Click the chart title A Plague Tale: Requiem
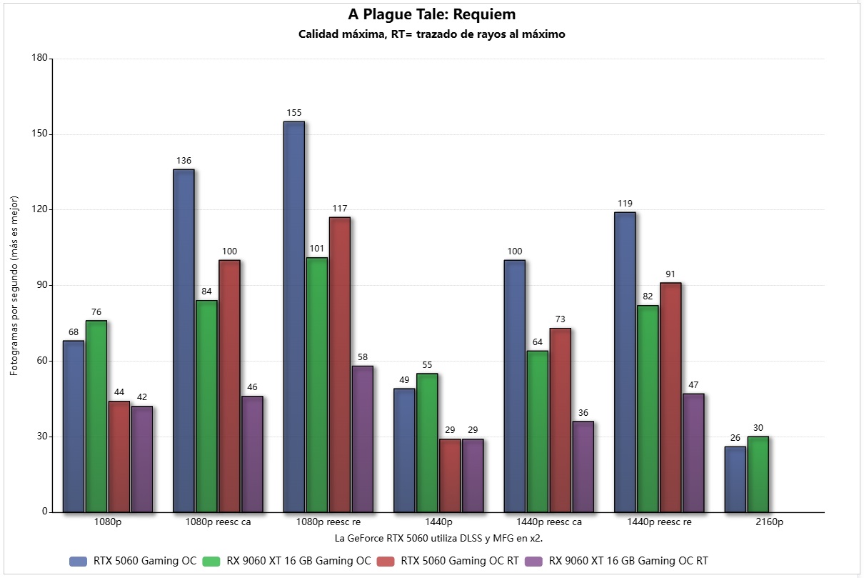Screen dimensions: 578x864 click(431, 14)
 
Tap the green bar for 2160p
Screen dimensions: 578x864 click(758, 474)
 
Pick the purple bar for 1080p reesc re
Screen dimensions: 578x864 click(362, 439)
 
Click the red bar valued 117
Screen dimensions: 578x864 click(339, 364)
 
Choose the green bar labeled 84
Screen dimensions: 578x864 click(206, 406)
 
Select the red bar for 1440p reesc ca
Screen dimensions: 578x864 click(560, 420)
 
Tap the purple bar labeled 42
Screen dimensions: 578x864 click(142, 459)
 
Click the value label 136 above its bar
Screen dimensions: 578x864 click(184, 161)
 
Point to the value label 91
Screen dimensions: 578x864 click(670, 274)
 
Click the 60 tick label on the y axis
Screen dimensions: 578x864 click(41, 361)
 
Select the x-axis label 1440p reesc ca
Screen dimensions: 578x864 click(548, 522)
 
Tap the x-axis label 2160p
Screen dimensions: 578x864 click(769, 522)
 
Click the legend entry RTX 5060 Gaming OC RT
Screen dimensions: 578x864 click(460, 561)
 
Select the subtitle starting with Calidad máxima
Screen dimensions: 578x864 click(431, 34)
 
